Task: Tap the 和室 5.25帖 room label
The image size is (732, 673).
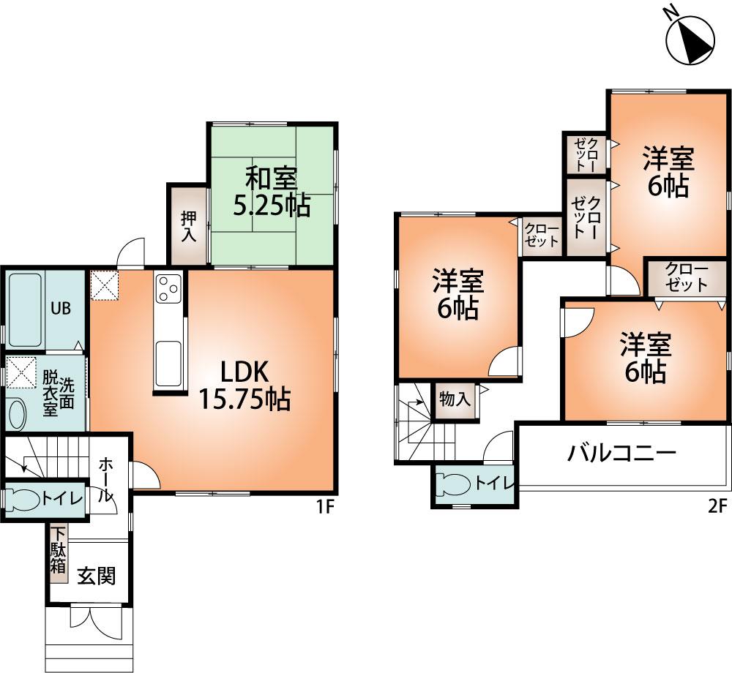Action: [271, 192]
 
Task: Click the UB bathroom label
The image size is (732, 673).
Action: [60, 308]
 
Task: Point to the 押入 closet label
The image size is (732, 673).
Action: [189, 226]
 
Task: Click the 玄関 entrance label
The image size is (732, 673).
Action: [97, 576]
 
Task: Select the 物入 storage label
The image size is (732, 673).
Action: [454, 399]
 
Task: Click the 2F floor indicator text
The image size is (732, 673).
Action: [717, 505]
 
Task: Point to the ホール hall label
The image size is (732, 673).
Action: [107, 479]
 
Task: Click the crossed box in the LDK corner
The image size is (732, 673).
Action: [104, 285]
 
